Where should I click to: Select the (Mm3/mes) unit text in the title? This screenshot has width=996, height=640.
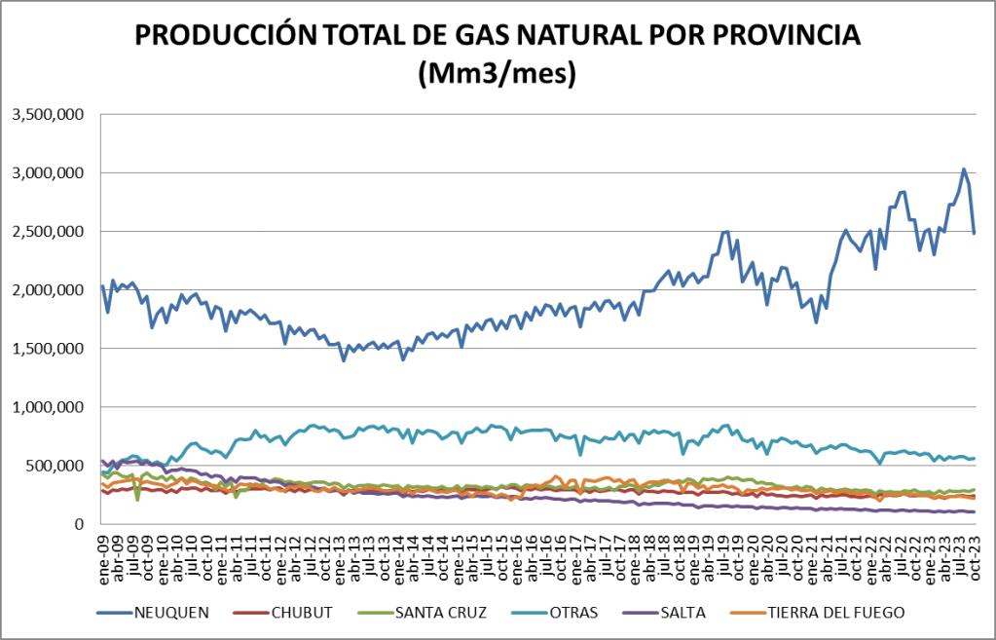point(498,74)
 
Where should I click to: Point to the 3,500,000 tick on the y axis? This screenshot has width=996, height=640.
point(48,115)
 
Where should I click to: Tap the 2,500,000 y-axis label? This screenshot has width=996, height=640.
point(48,232)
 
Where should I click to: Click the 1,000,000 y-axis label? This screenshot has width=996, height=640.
point(48,407)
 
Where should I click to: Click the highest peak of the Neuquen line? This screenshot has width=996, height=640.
point(964,169)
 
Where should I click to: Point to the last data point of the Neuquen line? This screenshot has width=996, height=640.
point(974,233)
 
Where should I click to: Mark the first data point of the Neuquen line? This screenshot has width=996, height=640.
point(102,286)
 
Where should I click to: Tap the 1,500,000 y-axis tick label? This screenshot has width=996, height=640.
point(48,349)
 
